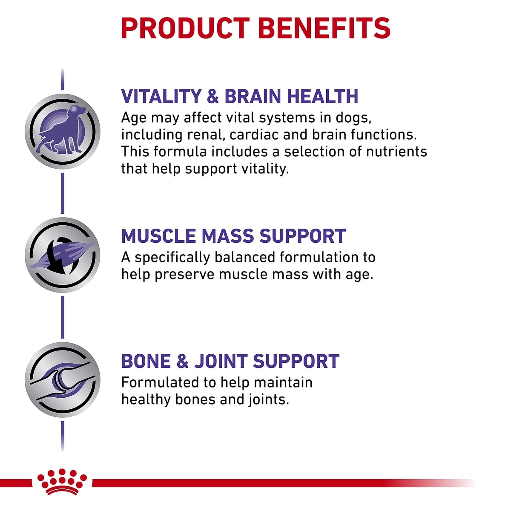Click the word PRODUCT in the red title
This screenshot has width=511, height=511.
pos(185,29)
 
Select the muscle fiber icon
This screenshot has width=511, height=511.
pos(63,255)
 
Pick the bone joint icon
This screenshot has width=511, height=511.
pos(63,379)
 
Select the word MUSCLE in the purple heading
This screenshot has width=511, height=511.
pos(158,236)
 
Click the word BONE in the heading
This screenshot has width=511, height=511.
pos(146,361)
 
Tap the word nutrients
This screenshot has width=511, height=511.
pos(396,152)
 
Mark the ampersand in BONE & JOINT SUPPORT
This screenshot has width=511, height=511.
pos(182,361)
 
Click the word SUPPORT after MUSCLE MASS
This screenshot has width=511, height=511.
pos(303,236)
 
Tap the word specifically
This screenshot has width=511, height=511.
pos(172,258)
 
